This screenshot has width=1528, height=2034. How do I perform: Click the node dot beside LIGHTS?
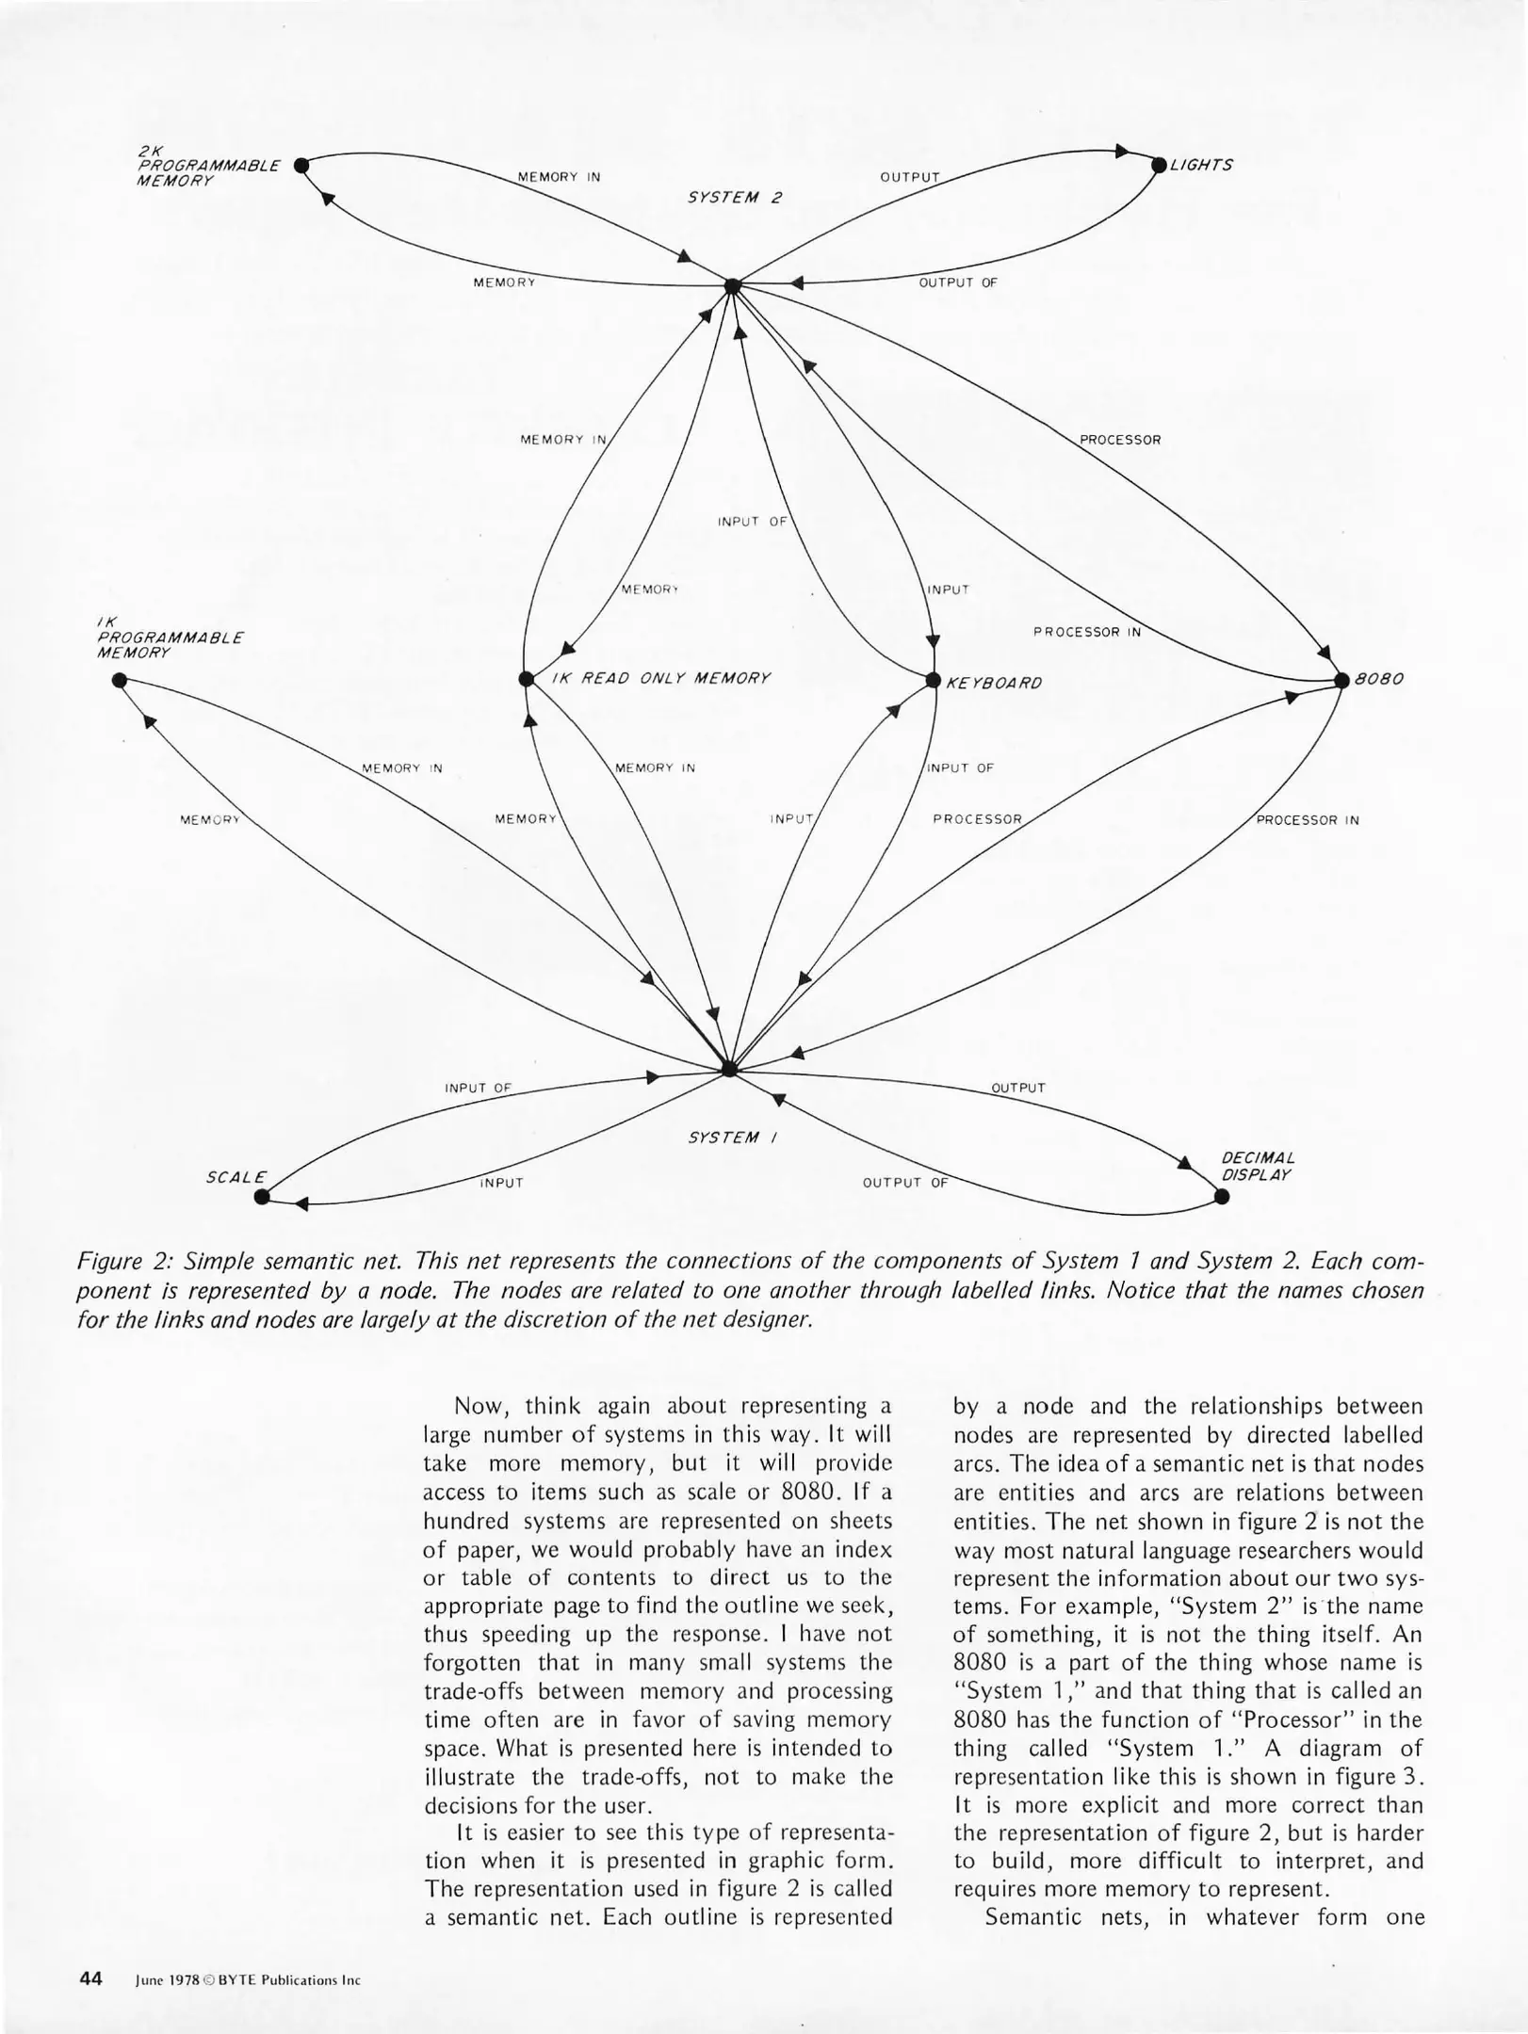pos(1159,165)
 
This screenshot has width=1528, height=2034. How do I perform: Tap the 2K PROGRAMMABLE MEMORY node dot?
pos(301,166)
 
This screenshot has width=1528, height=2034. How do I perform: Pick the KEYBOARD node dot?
pos(934,680)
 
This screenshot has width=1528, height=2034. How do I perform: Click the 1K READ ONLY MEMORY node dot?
pos(526,679)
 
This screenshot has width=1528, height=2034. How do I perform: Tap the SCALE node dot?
pos(262,1196)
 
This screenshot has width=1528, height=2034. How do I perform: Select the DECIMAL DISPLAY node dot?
pos(1222,1197)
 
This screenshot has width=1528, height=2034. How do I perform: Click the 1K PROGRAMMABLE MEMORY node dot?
pos(119,680)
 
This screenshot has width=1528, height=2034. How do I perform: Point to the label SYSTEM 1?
pos(732,1138)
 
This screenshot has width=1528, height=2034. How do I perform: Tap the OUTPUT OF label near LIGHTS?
pos(957,282)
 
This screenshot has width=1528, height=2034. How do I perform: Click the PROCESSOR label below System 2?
pos(1119,440)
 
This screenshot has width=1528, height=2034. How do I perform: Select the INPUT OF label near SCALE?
pos(478,1088)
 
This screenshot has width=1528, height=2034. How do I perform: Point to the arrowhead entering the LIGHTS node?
pos(1121,151)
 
